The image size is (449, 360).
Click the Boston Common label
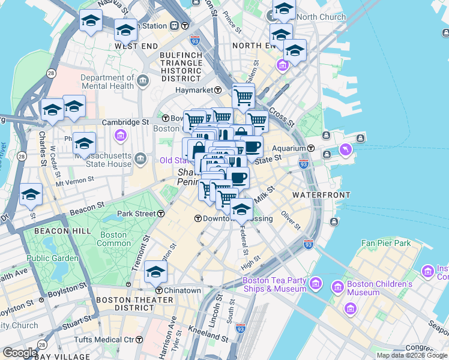(113, 239)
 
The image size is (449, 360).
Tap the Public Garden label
(52, 258)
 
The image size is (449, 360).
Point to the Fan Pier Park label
(386, 243)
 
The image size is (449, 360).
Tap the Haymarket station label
(194, 90)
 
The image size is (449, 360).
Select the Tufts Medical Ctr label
(104, 340)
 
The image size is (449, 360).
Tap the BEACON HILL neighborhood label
(62, 230)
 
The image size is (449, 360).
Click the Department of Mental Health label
(107, 82)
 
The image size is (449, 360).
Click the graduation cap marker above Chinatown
(155, 272)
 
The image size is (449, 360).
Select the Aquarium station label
(289, 148)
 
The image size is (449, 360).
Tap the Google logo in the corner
(20, 353)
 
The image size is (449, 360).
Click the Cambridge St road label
(125, 122)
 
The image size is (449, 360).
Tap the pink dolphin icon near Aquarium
(345, 149)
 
